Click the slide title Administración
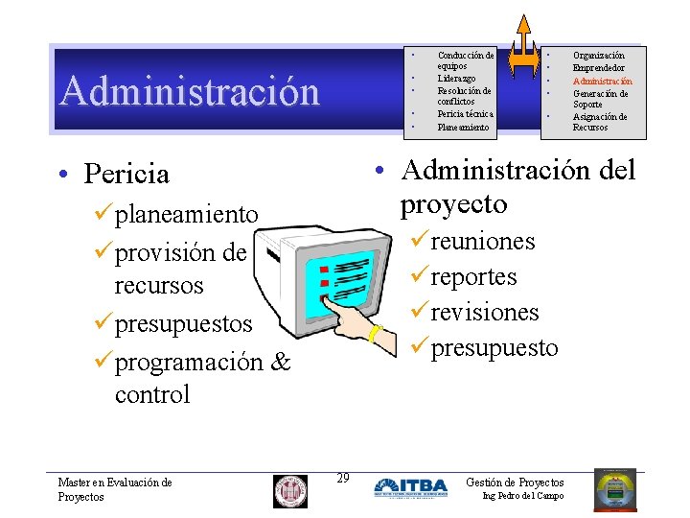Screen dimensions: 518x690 [190, 91]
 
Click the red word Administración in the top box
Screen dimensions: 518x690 [602, 82]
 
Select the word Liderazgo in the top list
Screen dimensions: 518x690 [456, 79]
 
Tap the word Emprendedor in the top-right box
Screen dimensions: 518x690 [598, 68]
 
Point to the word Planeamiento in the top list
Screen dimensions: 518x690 [463, 127]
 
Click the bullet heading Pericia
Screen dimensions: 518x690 [126, 174]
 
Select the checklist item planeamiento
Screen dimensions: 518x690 [186, 214]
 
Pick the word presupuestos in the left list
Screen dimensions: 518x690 [183, 324]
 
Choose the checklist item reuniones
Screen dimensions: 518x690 [483, 241]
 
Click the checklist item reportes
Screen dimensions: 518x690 [473, 277]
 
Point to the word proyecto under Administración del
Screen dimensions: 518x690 [453, 204]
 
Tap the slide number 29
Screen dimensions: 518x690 [342, 478]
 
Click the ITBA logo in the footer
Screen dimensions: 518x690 [410, 487]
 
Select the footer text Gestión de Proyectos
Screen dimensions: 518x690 [515, 483]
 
